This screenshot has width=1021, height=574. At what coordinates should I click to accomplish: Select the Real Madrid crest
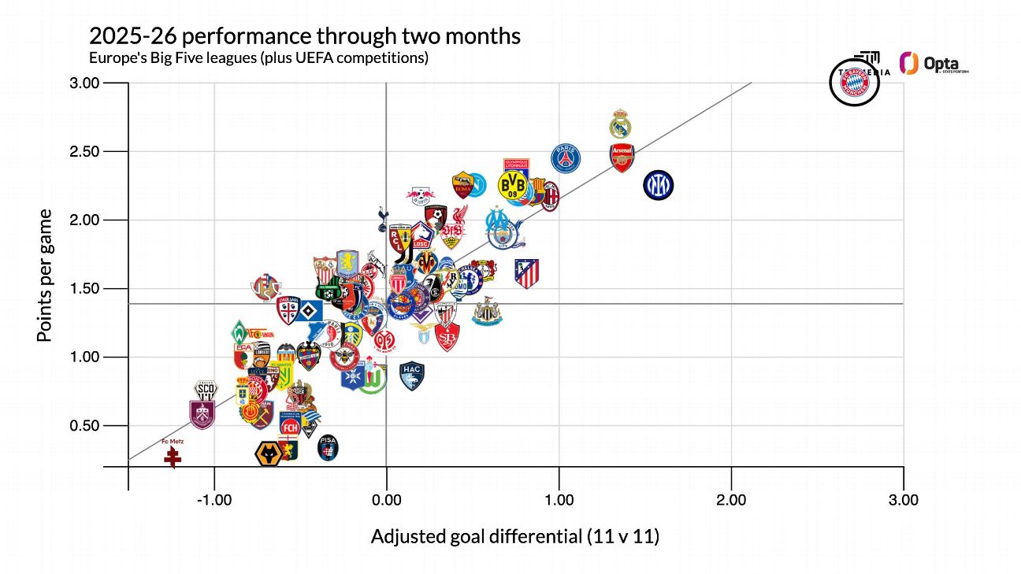(622, 124)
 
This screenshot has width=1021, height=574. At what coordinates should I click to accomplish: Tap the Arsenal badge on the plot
(622, 158)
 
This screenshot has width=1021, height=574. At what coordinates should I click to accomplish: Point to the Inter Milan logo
(658, 185)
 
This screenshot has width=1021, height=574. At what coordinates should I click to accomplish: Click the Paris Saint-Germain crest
(565, 158)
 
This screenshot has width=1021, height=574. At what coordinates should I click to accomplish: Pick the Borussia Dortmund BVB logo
(513, 186)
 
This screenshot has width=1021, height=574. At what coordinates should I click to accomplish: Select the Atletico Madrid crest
(526, 273)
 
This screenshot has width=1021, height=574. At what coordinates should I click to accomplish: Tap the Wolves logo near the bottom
(269, 454)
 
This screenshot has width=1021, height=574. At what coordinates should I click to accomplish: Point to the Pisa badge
(329, 448)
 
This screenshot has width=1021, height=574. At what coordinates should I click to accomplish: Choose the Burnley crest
(202, 414)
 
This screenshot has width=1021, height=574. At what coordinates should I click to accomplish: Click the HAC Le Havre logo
(412, 376)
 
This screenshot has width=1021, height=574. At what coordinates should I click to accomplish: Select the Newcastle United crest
(487, 312)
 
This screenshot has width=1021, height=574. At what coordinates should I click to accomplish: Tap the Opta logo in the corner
(934, 65)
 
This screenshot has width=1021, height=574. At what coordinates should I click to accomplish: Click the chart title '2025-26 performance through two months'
(304, 36)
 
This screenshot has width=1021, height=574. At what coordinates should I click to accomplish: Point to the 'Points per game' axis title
(45, 275)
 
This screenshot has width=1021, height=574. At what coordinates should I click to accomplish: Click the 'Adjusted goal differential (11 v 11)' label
(514, 537)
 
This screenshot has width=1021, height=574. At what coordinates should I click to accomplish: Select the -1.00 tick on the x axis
(213, 500)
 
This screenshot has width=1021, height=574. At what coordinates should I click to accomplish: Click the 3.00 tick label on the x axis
(903, 500)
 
